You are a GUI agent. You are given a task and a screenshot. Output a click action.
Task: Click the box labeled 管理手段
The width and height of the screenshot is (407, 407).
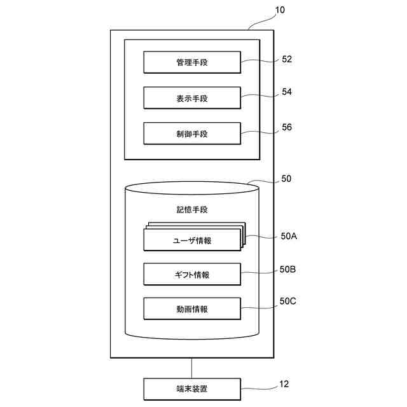192,63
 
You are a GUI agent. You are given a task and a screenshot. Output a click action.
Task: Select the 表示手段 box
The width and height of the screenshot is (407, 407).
192,99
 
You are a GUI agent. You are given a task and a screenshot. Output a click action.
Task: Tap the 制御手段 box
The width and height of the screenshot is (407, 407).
192,134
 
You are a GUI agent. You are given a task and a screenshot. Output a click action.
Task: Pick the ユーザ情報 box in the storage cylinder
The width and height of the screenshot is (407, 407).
192,240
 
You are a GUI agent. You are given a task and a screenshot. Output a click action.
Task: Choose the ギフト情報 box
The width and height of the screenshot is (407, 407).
192,275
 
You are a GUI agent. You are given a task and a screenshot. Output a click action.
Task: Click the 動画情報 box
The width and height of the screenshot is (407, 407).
192,309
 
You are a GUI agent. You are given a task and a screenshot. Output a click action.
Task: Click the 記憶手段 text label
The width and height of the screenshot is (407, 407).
192,209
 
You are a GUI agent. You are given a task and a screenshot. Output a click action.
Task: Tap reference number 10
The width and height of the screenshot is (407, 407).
280,10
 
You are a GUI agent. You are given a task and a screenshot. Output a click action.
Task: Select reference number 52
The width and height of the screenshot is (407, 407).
287,59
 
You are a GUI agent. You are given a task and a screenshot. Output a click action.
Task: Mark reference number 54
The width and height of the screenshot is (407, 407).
287,92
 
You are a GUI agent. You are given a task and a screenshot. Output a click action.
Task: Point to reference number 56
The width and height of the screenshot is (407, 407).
287,127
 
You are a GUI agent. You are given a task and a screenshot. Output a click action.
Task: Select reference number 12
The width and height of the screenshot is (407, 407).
284,383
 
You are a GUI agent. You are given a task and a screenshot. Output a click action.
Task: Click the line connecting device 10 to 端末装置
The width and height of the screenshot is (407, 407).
192,368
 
